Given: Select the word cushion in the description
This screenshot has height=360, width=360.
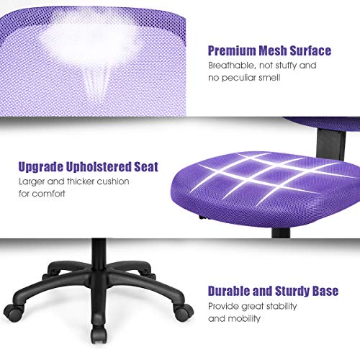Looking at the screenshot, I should click(x=118, y=181).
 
